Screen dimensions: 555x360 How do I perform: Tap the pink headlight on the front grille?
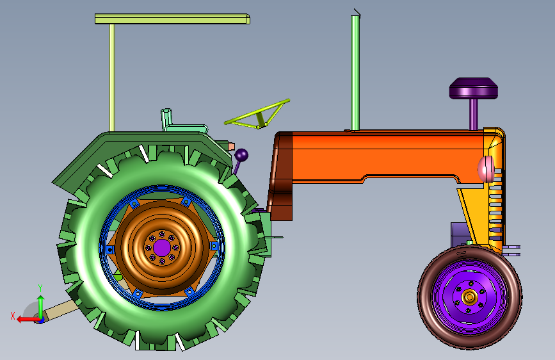(486, 169)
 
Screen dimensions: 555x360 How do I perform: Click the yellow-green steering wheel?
(257, 115)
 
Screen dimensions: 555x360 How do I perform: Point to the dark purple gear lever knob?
(241, 155)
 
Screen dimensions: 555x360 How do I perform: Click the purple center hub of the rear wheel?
(162, 247)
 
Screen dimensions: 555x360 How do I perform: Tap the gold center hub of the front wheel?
(469, 297)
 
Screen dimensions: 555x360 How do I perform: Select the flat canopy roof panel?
(172, 19)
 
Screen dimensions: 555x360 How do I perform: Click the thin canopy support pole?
(112, 78)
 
